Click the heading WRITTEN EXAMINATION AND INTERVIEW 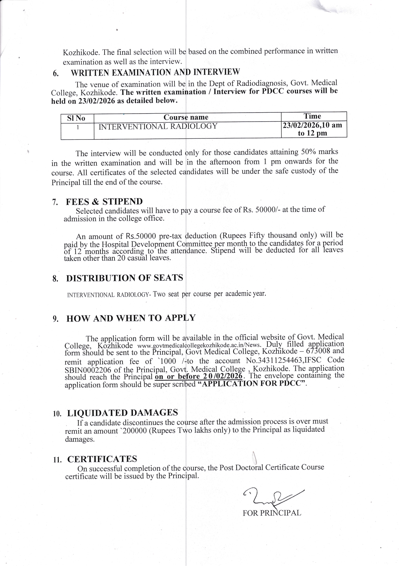pyautogui.click(x=155, y=72)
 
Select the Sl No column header pyautogui.click(x=76, y=118)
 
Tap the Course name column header pyautogui.click(x=186, y=117)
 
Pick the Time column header pyautogui.click(x=312, y=116)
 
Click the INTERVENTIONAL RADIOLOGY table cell pyautogui.click(x=158, y=126)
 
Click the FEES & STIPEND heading pyautogui.click(x=104, y=202)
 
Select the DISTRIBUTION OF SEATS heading pyautogui.click(x=125, y=278)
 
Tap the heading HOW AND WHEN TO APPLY pyautogui.click(x=131, y=318)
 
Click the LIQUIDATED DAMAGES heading pyautogui.click(x=123, y=413)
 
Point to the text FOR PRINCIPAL pyautogui.click(x=272, y=513)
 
